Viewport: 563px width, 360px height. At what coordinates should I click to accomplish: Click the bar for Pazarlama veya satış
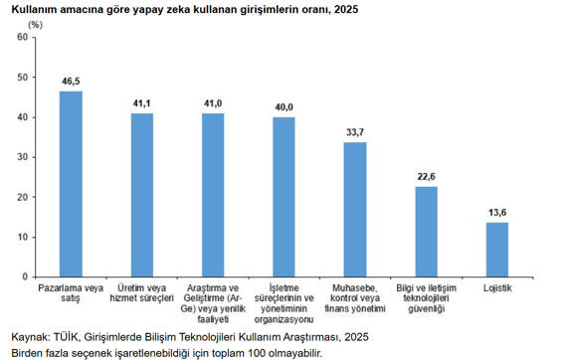coord(71,184)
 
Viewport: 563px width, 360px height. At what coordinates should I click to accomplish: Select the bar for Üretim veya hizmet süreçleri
coord(142,195)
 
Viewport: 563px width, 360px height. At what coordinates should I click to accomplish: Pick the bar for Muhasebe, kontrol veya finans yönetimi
coord(355,210)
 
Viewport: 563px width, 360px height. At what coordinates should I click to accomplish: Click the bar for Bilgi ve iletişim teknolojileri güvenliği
coord(426,232)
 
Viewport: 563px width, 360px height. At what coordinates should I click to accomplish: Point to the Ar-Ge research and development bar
coord(213,195)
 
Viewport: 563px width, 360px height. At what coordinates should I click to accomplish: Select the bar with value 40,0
coord(283,197)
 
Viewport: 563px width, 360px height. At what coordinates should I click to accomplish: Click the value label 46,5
coord(71,80)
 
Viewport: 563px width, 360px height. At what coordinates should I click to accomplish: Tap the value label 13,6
coord(497,211)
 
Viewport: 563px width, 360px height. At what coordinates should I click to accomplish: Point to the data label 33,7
coord(355,130)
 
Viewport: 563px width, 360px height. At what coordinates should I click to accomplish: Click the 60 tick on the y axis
coord(23,38)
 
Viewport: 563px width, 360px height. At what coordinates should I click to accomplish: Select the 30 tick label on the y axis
coord(23,157)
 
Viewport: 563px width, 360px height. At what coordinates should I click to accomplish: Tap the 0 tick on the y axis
coord(26,276)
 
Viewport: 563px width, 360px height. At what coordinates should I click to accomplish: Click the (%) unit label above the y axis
coord(35,22)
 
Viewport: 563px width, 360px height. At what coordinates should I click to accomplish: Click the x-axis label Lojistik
coord(497,288)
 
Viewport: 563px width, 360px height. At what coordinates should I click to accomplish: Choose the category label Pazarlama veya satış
coord(71,293)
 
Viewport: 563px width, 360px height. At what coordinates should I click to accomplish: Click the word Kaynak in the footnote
coord(27,337)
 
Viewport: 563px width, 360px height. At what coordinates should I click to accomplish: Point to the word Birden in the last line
coord(27,353)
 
